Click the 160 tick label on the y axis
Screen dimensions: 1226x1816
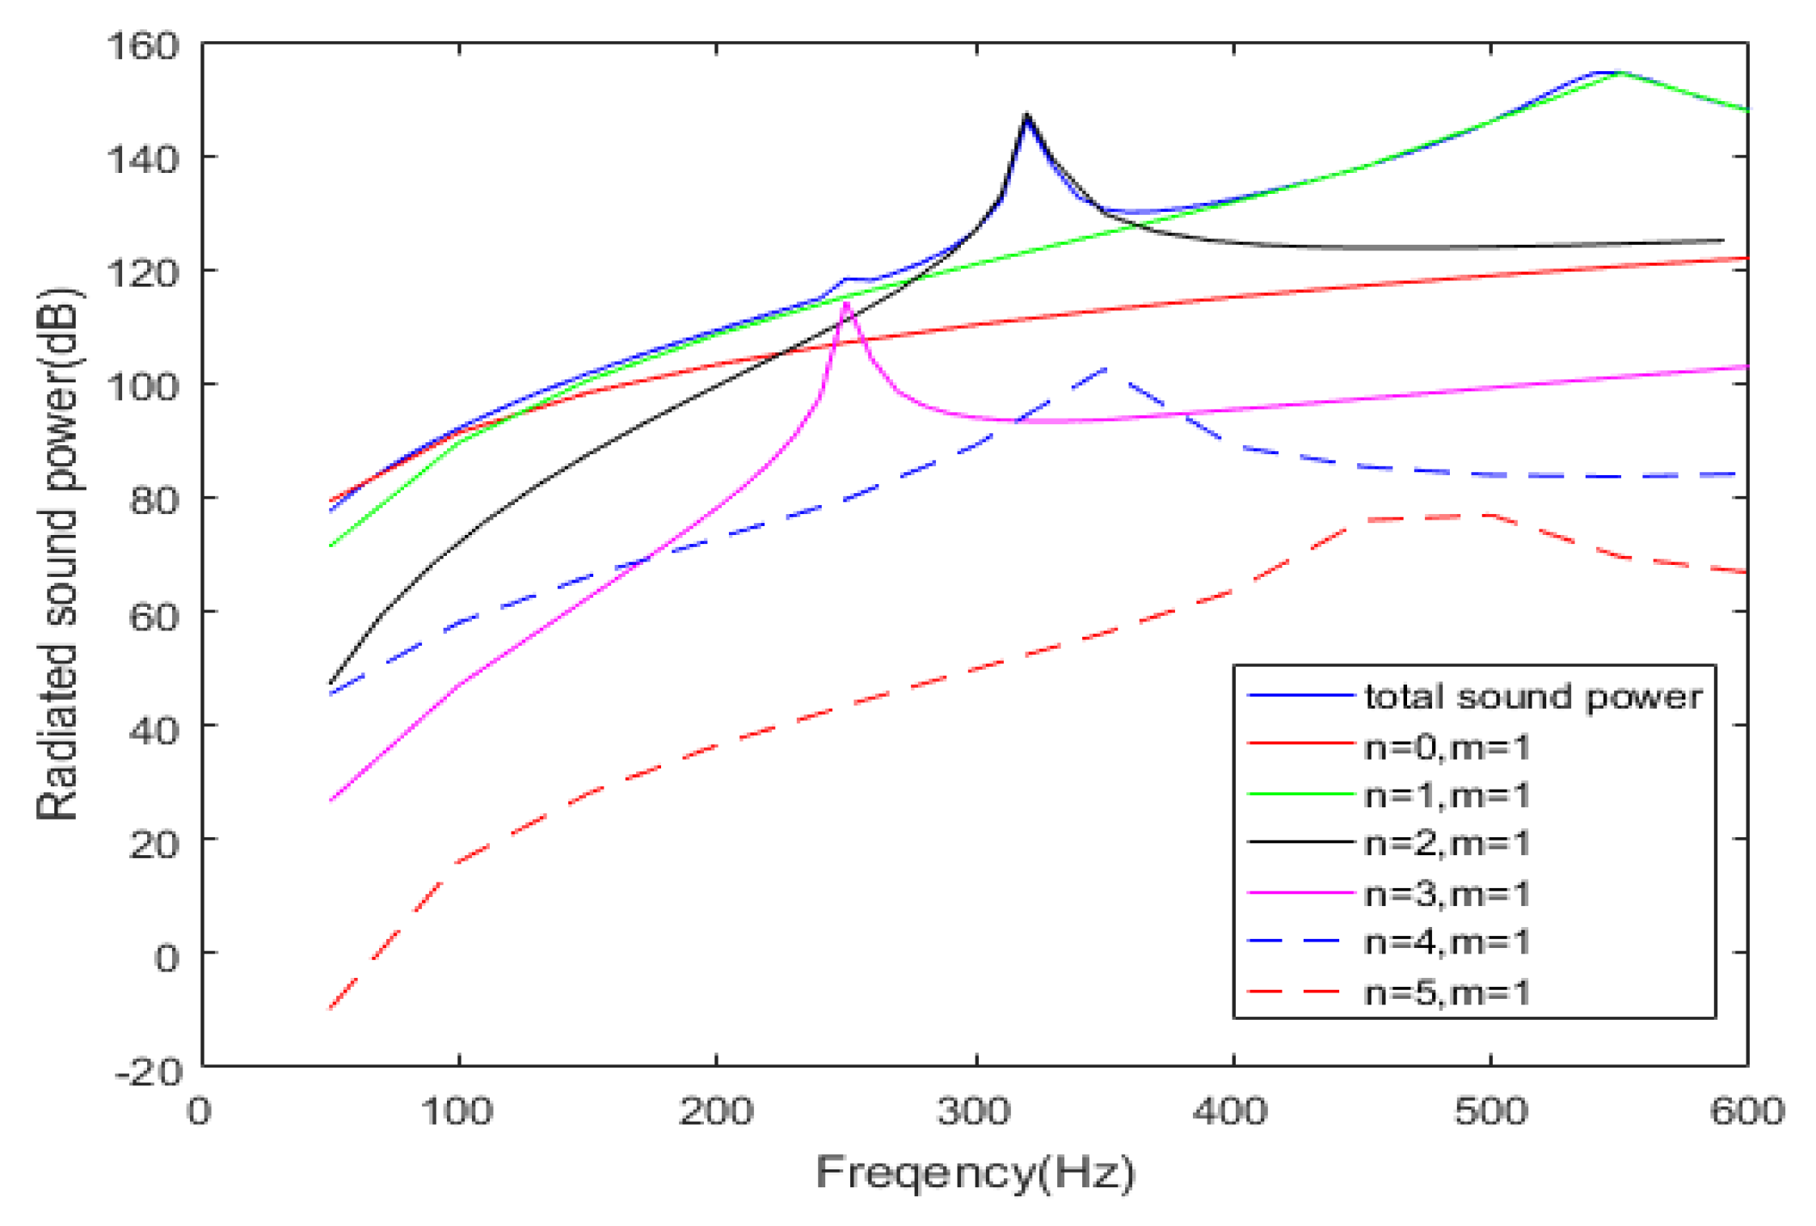click(142, 46)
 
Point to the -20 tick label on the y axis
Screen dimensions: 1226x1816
click(148, 1073)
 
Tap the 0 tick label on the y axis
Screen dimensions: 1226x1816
click(166, 958)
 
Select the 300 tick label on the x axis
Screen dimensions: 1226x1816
click(975, 1111)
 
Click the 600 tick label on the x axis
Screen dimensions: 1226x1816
click(1746, 1111)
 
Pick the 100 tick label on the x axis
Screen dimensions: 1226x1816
click(457, 1111)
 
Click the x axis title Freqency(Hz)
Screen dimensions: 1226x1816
click(975, 1172)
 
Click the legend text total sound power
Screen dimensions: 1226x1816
click(1533, 697)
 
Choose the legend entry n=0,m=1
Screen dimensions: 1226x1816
click(1447, 748)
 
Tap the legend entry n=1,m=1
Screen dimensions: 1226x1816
click(1447, 796)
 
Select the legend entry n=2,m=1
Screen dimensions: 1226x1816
click(1447, 844)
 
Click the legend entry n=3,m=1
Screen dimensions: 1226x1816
click(1447, 894)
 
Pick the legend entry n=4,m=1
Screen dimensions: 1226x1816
click(1447, 942)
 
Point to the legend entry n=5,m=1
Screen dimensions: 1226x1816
click(1447, 992)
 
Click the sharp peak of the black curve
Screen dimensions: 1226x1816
click(1027, 116)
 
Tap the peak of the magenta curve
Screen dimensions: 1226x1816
click(846, 304)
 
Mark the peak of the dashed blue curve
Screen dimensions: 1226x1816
click(1106, 369)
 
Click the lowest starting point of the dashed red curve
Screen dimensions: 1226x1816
click(331, 1008)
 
